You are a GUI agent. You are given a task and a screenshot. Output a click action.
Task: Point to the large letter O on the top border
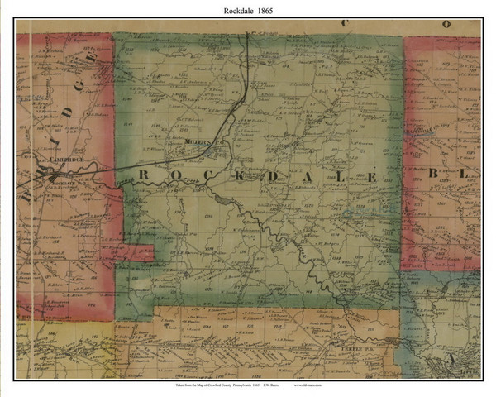point(447,24)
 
